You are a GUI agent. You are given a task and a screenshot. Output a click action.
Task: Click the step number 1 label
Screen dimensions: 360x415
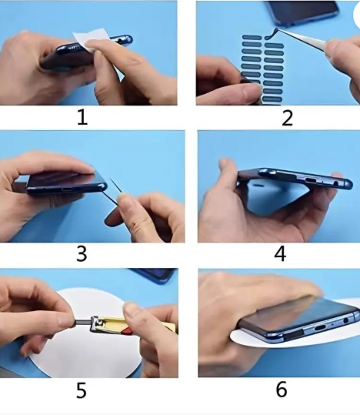(82, 118)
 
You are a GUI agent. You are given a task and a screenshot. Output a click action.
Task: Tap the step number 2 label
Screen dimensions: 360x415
(288, 119)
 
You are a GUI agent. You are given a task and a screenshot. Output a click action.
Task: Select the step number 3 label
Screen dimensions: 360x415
(82, 254)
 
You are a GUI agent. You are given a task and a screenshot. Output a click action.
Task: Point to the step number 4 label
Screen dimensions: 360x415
(280, 253)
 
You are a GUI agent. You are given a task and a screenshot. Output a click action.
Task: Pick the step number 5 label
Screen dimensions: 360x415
(82, 390)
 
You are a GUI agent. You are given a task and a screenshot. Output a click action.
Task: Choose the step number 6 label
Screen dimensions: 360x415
(282, 389)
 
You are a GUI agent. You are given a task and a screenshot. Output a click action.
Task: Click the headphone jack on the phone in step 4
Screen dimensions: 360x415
(336, 183)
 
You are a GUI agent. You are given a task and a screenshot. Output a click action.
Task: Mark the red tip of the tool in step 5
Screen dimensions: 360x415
(128, 330)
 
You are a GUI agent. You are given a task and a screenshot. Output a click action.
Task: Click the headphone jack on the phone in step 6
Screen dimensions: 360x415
(345, 321)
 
